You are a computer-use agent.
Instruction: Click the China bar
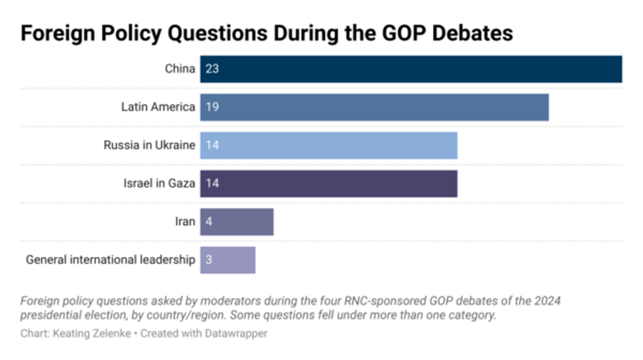coord(411,69)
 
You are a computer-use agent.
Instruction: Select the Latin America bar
coord(374,107)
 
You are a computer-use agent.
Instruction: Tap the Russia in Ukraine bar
coord(328,145)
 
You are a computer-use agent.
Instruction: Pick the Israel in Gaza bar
coord(328,183)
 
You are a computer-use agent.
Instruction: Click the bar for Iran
coord(237,222)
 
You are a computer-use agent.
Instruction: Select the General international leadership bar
coord(228,260)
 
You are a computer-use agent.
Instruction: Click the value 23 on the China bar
coord(211,69)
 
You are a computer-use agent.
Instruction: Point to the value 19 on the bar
coord(211,107)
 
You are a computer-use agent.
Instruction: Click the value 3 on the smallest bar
coord(208,260)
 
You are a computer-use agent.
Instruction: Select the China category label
coord(180,69)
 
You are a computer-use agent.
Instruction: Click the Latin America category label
coord(158,107)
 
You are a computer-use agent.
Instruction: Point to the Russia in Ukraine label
coord(149,145)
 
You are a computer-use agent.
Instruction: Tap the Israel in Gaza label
coord(159,183)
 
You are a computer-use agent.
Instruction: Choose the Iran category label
coord(184,222)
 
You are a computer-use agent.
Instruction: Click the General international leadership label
coord(110,260)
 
